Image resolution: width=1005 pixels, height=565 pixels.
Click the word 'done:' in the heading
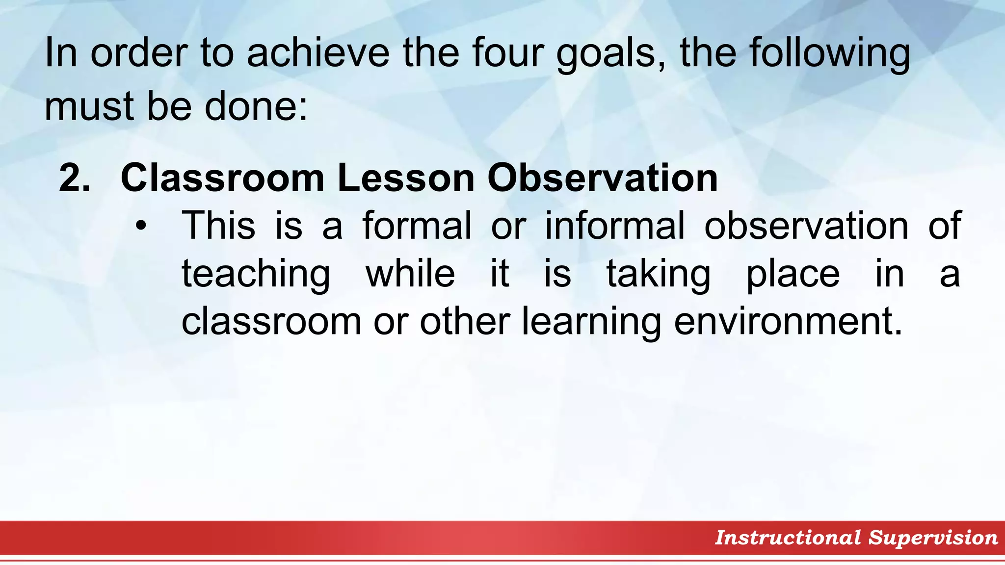click(256, 106)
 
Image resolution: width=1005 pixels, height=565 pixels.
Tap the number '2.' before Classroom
click(75, 178)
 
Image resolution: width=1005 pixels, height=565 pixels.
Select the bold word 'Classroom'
click(222, 178)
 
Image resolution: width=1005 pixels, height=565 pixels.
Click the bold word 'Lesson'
click(406, 178)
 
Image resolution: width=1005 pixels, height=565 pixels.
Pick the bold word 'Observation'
click(603, 178)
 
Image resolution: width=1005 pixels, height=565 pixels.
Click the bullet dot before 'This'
click(141, 226)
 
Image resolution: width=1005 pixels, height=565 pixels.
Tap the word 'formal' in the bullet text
click(417, 226)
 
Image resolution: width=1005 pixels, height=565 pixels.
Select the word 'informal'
click(615, 226)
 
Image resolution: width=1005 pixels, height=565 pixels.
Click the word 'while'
click(410, 273)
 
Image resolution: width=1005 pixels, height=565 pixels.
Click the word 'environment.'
click(788, 322)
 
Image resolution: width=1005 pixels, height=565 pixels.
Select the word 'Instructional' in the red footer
click(788, 538)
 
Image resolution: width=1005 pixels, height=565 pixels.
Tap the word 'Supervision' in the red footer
click(933, 538)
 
